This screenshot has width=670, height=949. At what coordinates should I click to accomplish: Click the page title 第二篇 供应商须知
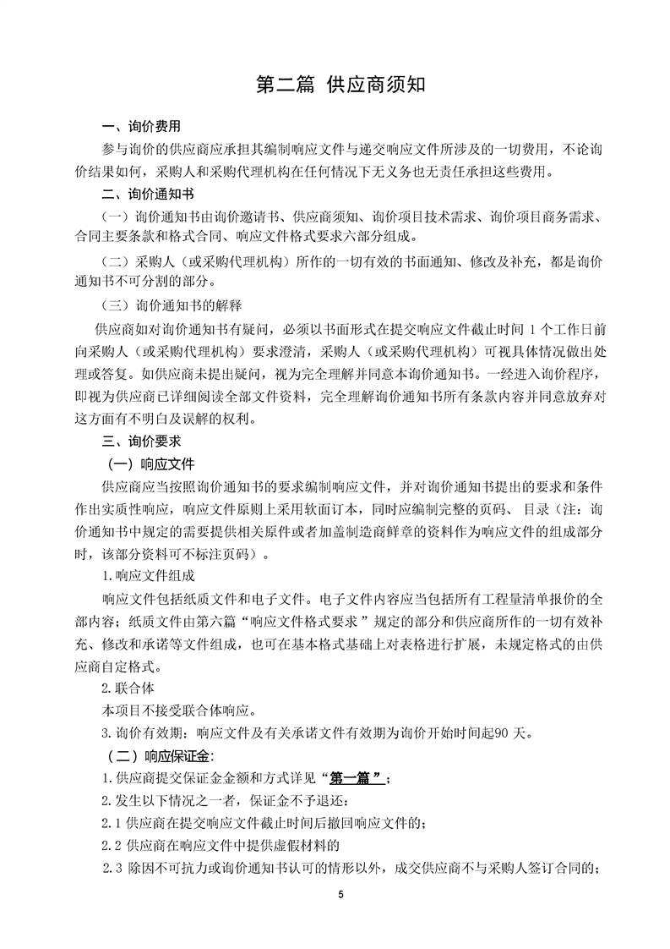[x=335, y=85]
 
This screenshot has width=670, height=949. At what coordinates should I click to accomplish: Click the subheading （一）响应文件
[x=150, y=464]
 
